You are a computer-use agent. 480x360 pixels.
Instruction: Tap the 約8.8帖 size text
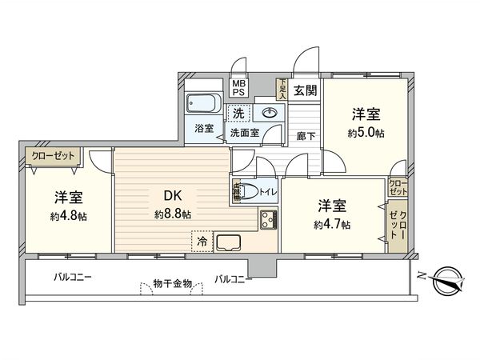[173, 214]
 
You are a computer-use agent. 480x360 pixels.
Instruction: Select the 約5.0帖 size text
[366, 133]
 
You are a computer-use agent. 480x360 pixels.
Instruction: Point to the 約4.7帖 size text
[331, 226]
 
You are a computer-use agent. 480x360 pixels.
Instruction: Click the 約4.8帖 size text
[70, 216]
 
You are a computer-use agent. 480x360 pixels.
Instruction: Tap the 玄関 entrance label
[303, 90]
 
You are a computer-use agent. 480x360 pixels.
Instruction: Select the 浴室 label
[203, 128]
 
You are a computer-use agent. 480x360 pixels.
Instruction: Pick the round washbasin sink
[271, 113]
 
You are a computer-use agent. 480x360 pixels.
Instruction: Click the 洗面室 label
[244, 132]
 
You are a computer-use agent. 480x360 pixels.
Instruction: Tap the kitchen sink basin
[229, 241]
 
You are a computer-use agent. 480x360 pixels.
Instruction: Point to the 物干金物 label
[173, 283]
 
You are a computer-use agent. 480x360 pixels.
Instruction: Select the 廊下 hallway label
[306, 136]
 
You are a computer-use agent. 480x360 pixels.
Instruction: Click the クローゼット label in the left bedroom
[51, 156]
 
